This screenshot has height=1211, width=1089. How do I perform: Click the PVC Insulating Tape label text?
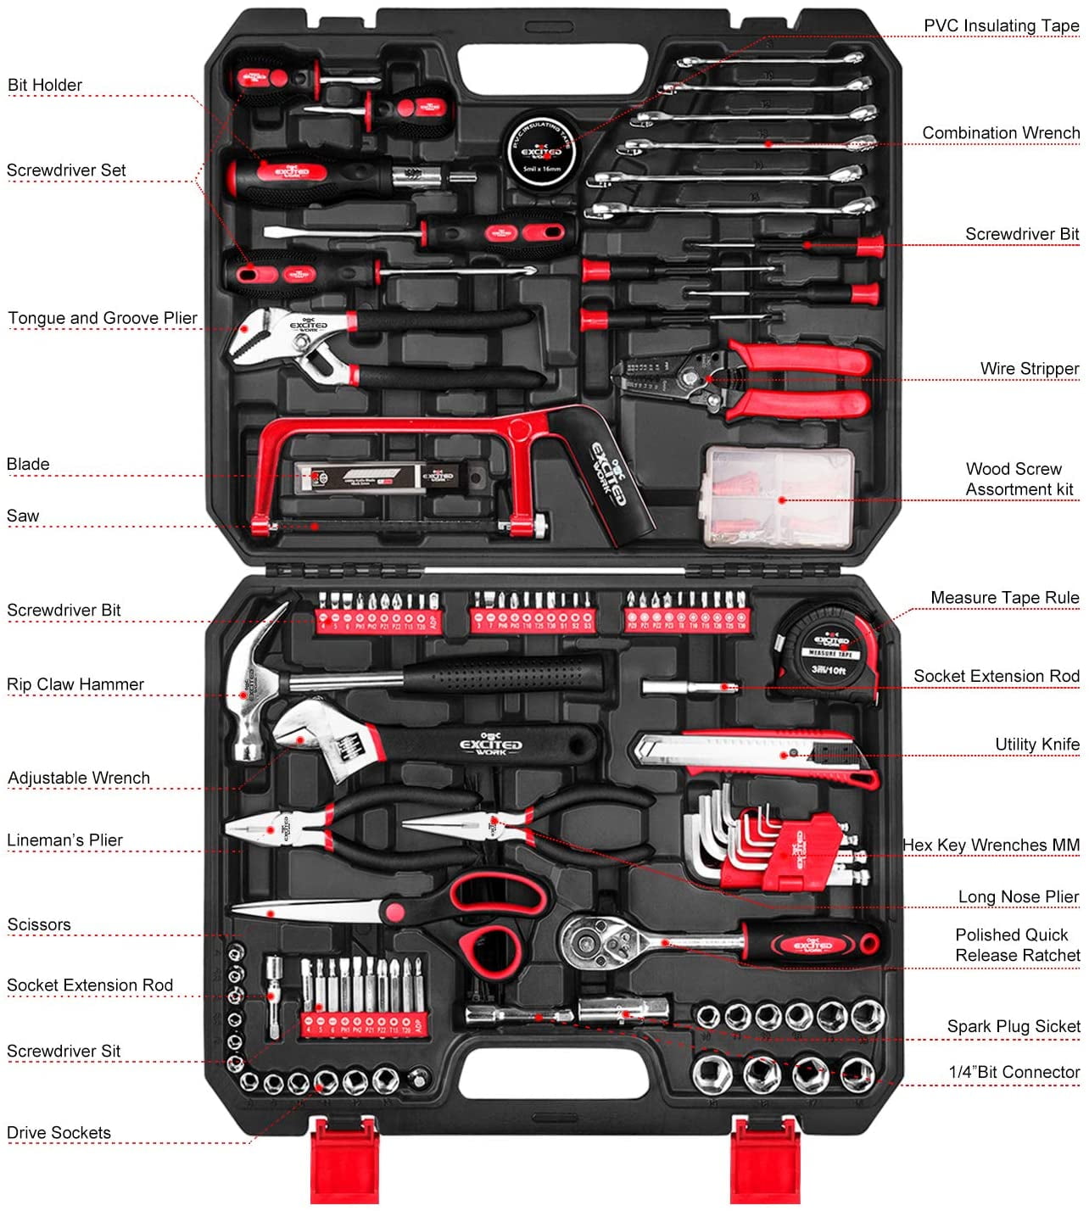(x=1001, y=26)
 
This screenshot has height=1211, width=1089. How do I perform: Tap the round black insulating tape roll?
(x=541, y=152)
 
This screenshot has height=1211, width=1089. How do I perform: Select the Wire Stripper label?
(x=1029, y=369)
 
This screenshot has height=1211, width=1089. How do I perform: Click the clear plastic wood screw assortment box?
(x=779, y=496)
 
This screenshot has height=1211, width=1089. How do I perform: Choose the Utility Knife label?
(x=1036, y=745)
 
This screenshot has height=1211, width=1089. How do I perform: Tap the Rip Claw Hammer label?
(x=75, y=684)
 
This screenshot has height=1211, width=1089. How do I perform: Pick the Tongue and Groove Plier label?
(x=103, y=318)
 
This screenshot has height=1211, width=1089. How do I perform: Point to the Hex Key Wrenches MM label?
(x=991, y=845)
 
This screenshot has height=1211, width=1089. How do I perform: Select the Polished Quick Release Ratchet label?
(x=1017, y=945)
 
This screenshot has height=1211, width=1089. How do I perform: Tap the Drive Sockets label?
(x=59, y=1133)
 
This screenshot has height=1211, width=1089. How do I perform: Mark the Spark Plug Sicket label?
(x=1014, y=1027)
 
